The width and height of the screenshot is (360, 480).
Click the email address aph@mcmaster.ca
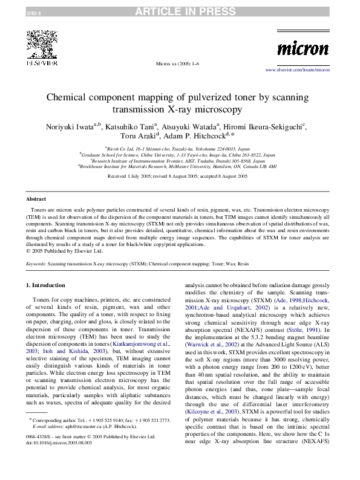(x=79, y=426)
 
